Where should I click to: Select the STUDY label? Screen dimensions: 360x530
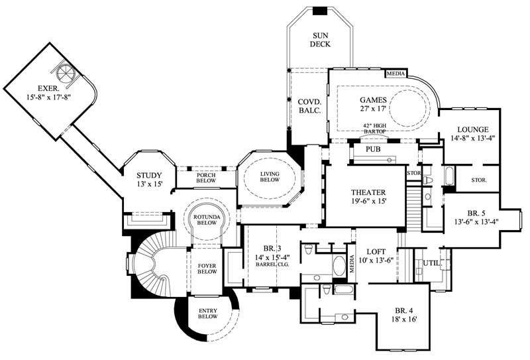click(x=149, y=175)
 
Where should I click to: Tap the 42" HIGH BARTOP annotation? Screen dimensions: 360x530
click(x=374, y=128)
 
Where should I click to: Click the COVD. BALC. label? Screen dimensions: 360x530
click(x=309, y=105)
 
